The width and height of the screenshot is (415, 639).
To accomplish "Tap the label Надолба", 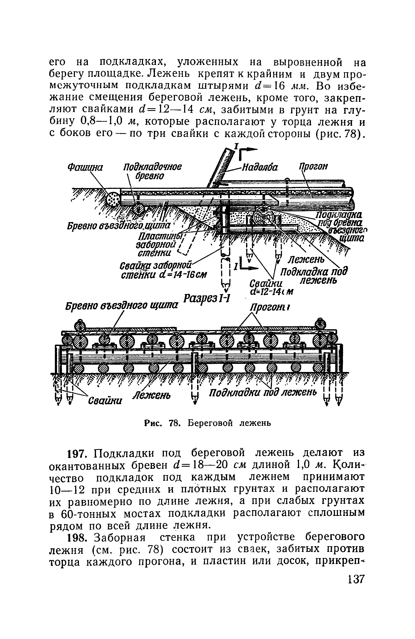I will [x=259, y=168].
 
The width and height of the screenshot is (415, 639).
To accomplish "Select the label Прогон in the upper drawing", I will [x=313, y=167].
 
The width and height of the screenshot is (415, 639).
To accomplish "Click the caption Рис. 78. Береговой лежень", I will [x=207, y=423].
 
